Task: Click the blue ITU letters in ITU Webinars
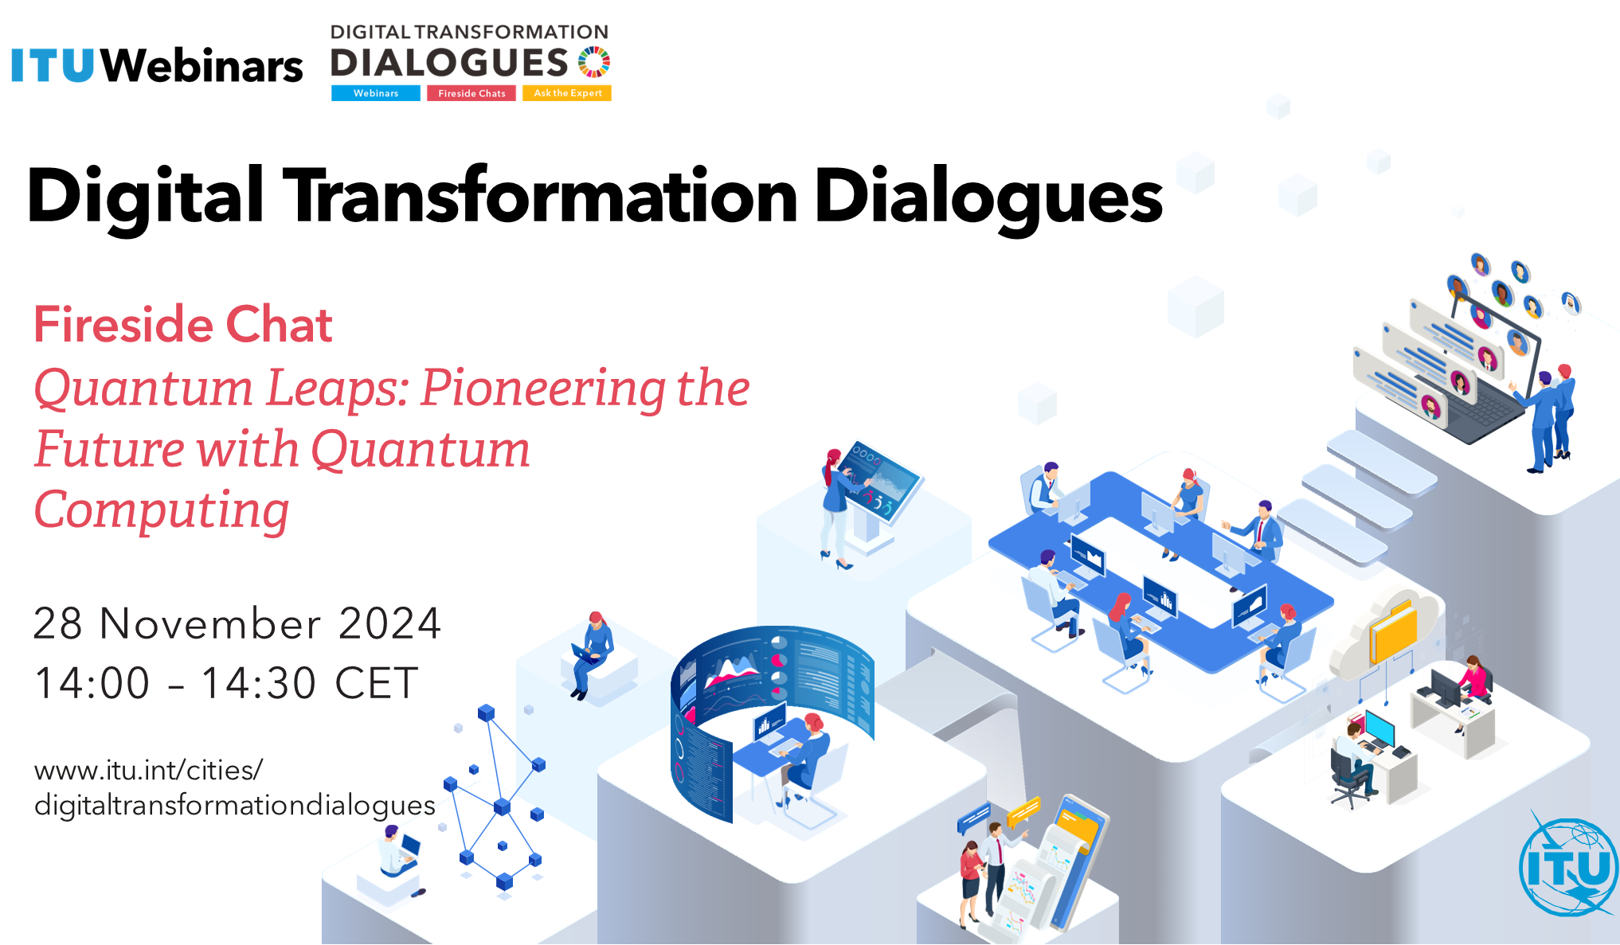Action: (53, 65)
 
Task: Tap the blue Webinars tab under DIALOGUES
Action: (376, 93)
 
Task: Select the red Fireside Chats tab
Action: (472, 93)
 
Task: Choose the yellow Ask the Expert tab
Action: (567, 93)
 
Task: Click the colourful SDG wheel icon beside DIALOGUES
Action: (594, 62)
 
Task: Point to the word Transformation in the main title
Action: (541, 196)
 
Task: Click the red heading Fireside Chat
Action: (182, 325)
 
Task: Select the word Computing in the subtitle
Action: (162, 511)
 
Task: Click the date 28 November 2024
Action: (237, 623)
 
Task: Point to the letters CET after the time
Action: (377, 683)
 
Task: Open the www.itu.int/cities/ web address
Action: (148, 771)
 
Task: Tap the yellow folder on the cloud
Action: (1393, 631)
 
